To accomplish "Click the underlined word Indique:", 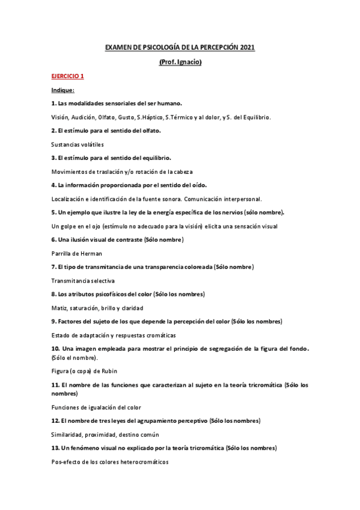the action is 62,90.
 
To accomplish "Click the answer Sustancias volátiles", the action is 78,144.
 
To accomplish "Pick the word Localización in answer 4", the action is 70,199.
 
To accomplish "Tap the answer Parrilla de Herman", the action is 77,253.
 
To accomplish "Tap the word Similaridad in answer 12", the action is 68,434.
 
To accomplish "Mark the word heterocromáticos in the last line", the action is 141,462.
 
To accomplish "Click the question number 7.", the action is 53,267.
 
